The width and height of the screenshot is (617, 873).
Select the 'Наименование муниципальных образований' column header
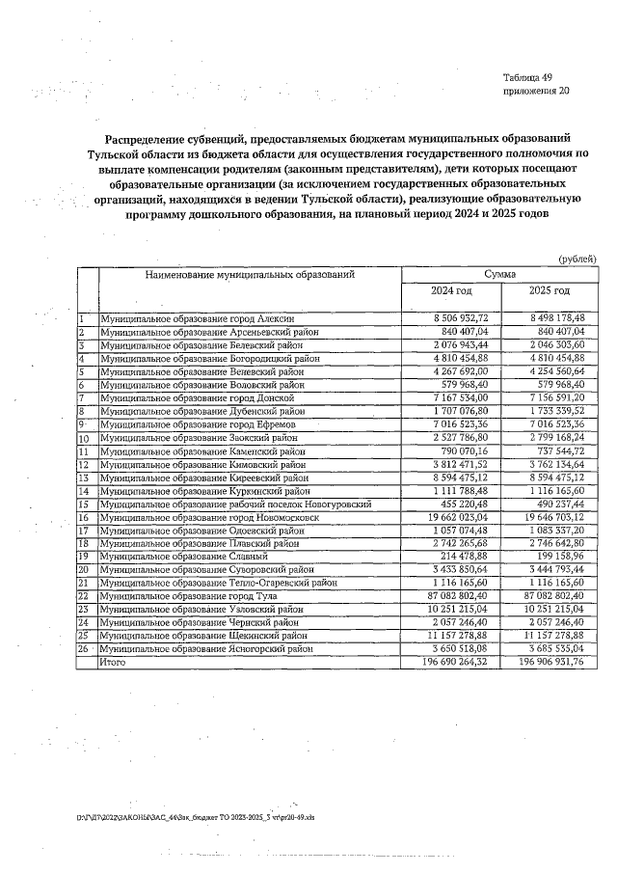tap(250, 274)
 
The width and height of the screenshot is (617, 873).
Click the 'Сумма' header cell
tap(499, 274)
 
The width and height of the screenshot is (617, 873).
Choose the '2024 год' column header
tap(451, 290)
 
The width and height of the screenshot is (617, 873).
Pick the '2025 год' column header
tap(550, 290)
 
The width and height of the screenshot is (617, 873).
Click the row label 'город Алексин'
tap(198, 317)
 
